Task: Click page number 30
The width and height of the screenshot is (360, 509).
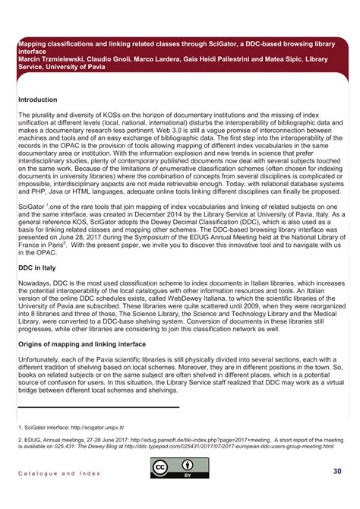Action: (337, 472)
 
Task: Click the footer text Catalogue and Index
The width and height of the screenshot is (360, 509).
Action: (59, 473)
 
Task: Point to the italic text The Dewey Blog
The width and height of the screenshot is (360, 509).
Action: (96, 447)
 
